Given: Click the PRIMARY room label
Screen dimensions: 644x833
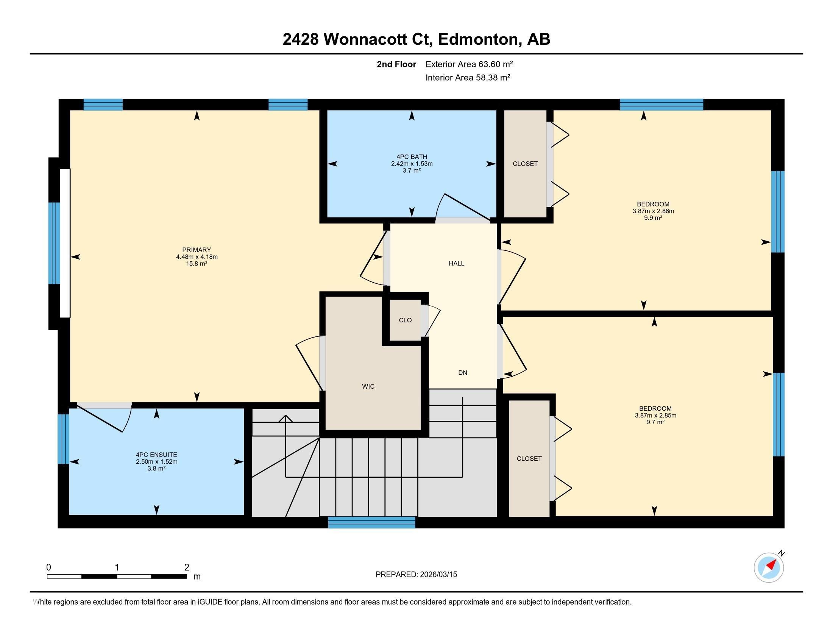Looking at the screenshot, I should click(197, 250).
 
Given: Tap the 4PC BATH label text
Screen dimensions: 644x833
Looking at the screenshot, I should click(412, 157).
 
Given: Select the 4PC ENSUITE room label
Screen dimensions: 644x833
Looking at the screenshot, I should click(156, 455).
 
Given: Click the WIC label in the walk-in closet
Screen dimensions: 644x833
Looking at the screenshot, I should click(368, 386).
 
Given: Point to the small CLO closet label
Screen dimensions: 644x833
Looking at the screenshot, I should click(405, 320).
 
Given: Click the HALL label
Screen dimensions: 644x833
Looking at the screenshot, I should click(456, 263).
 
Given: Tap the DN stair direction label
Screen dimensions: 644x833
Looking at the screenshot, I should click(462, 373).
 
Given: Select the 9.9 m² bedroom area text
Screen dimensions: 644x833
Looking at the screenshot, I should click(653, 218).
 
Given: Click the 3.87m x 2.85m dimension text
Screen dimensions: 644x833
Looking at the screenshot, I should click(655, 416).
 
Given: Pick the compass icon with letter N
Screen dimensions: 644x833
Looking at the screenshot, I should click(769, 567).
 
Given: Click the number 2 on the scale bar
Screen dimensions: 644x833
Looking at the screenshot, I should click(187, 567).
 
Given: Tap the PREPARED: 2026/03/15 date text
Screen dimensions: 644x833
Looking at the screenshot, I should click(416, 575).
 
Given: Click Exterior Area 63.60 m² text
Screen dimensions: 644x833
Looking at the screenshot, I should click(469, 64).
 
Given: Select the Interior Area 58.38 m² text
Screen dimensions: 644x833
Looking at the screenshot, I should click(468, 77).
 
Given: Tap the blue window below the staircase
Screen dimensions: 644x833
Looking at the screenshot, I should click(371, 522).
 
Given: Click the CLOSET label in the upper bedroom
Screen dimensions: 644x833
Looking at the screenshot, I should click(525, 164).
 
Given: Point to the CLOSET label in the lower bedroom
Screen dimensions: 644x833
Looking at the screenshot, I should click(529, 459).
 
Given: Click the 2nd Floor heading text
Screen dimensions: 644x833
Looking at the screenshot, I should click(396, 64).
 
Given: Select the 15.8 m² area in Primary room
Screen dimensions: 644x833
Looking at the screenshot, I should click(197, 264).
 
